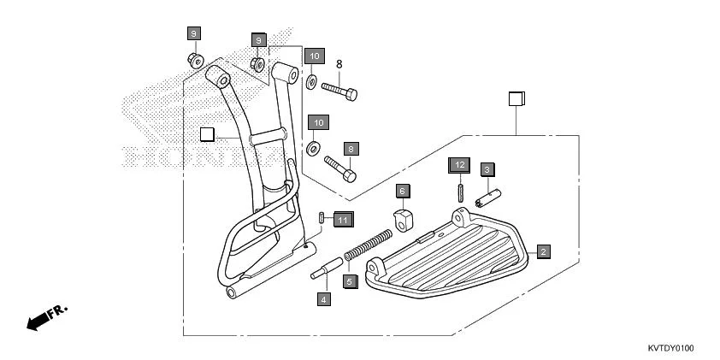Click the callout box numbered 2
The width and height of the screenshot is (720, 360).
pos(543,251)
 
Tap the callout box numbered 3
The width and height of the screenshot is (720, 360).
pos(487,169)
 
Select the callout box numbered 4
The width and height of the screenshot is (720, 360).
pos(323,299)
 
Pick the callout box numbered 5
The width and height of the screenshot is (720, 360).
pos(349,280)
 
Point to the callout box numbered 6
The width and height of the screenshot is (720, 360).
pos(403,191)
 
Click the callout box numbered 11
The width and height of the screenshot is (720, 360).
pos(343,220)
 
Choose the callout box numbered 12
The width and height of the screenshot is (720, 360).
pos(459,163)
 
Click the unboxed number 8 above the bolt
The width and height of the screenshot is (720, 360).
pos(339,64)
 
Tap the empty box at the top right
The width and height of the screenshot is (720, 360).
pos(515,97)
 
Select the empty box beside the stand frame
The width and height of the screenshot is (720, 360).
pos(206,133)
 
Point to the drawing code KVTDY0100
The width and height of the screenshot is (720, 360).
pos(670,349)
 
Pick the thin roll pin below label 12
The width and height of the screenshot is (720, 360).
pos(460,189)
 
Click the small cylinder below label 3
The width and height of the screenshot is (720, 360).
pos(488,195)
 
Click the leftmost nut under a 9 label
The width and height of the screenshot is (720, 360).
pos(196,60)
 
